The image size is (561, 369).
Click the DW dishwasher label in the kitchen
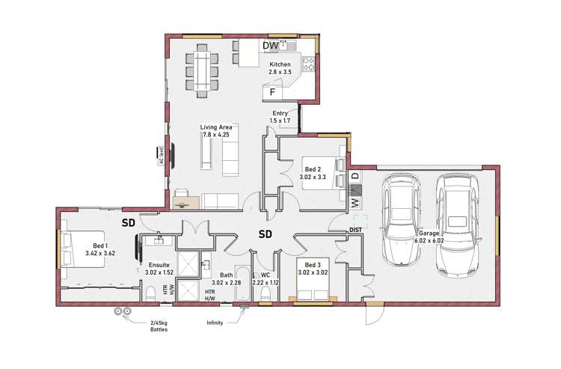pyautogui.click(x=270, y=46)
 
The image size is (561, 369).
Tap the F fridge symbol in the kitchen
pyautogui.click(x=273, y=93)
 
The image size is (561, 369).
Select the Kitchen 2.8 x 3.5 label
pyautogui.click(x=280, y=69)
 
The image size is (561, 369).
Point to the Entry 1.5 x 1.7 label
pyautogui.click(x=280, y=117)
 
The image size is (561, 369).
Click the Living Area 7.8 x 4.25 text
pyautogui.click(x=215, y=131)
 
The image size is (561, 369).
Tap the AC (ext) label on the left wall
pyautogui.click(x=161, y=155)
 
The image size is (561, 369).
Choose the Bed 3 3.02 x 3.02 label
pyautogui.click(x=313, y=269)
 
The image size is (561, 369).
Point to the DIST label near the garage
pyautogui.click(x=355, y=230)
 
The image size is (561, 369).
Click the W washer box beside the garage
pyautogui.click(x=355, y=201)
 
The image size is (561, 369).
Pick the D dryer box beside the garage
pyautogui.click(x=355, y=177)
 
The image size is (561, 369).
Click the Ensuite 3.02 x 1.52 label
pyautogui.click(x=158, y=268)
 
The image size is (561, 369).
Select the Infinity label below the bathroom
pyautogui.click(x=215, y=323)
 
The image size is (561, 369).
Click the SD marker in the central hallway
pyautogui.click(x=265, y=234)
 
